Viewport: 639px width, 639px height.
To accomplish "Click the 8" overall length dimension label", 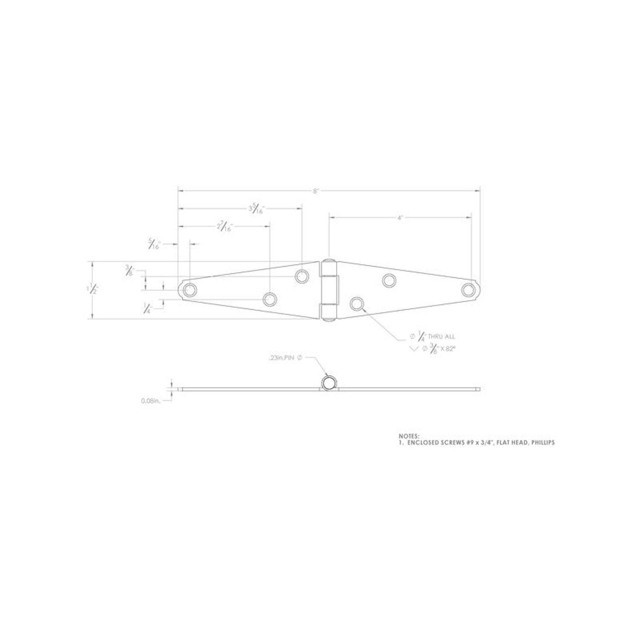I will pos(316,191).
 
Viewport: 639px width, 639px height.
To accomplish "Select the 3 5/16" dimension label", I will pos(256,209).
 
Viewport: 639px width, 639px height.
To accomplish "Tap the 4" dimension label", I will pos(400,218).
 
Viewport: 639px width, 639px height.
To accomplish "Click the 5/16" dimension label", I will pos(153,245).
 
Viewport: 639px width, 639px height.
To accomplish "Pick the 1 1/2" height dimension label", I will pos(92,289).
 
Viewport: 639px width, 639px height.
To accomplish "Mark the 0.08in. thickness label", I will pos(150,401).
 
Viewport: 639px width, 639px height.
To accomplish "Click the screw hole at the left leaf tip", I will pos(189,290).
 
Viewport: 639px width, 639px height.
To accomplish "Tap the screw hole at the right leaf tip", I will pos(468,290).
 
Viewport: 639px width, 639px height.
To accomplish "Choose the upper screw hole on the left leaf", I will pos(302,276).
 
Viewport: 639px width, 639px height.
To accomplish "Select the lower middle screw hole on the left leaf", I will pos(270,299).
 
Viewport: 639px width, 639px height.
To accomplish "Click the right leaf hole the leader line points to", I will pos(357,304).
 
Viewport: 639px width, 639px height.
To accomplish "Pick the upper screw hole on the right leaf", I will pos(389,280).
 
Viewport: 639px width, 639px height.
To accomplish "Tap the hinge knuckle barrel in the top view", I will pos(329,290).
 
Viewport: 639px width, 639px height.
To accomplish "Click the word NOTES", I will pos(409,436).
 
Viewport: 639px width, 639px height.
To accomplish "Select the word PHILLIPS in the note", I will pos(542,443).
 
